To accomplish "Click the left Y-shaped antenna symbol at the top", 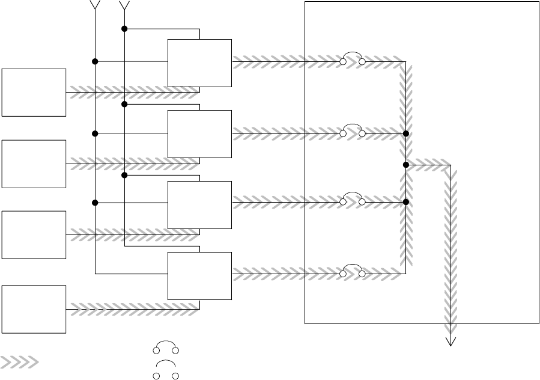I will (x=94, y=5).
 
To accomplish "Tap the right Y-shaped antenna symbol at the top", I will (x=124, y=5).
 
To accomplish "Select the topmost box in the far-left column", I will (x=34, y=92).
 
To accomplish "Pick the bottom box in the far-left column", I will (x=34, y=309).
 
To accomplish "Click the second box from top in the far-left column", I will (x=34, y=164).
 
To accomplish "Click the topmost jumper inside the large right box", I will (x=353, y=60).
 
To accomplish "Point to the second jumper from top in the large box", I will (x=353, y=132).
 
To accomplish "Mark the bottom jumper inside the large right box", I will (x=353, y=273).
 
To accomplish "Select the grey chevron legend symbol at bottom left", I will (x=20, y=362).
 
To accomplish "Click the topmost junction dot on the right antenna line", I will (x=124, y=28).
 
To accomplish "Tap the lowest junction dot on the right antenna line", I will (x=124, y=175).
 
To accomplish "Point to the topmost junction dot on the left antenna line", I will (x=95, y=61).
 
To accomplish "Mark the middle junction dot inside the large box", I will (x=406, y=165).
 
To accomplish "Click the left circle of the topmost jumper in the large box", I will (x=343, y=62).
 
